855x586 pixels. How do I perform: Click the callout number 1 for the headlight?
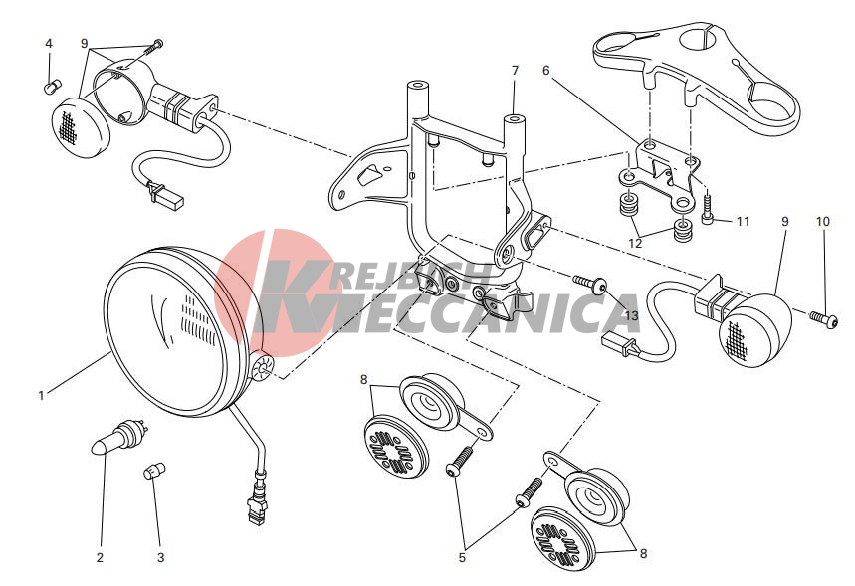(x=41, y=396)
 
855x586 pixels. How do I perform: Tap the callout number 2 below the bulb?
(x=100, y=558)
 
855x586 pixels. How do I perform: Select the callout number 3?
(x=161, y=558)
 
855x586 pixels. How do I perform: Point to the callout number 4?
(x=49, y=43)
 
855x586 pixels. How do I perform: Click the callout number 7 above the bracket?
(x=515, y=71)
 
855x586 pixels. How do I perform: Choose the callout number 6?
(x=546, y=71)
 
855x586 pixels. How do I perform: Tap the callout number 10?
(x=823, y=221)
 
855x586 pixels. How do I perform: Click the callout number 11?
(x=744, y=221)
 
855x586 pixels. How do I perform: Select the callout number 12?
(x=635, y=243)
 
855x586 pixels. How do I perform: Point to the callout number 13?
(x=631, y=315)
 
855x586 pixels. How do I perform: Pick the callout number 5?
(x=462, y=558)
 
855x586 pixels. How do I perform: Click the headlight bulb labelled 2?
(x=120, y=435)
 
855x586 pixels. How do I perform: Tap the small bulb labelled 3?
(x=154, y=471)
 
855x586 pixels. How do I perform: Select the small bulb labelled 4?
(x=53, y=87)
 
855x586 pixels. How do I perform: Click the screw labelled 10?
(x=823, y=319)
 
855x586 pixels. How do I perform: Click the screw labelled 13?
(x=590, y=284)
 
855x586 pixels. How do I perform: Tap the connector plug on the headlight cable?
(x=258, y=502)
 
